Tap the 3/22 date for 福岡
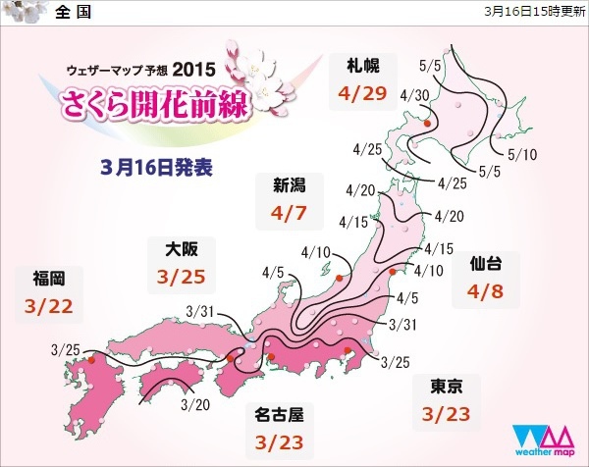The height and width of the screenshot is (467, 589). point(48,306)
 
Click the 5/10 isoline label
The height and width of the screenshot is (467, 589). point(523,153)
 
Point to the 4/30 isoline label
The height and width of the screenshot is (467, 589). point(413,94)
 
